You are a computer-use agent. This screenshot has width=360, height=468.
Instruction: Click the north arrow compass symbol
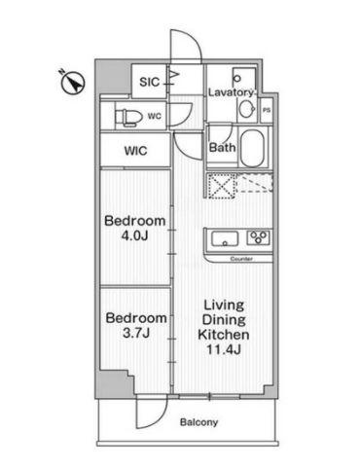[x=73, y=82]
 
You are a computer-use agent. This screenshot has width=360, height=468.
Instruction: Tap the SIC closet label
[x=150, y=82]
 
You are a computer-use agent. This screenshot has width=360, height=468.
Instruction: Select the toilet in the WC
[x=128, y=117]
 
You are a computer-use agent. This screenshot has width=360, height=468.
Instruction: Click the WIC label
[x=135, y=151]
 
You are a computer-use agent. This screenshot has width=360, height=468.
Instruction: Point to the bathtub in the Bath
[x=252, y=148]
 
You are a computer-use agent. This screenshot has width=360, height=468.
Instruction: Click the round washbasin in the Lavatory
[x=246, y=108]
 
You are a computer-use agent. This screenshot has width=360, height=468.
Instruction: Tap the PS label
[x=267, y=110]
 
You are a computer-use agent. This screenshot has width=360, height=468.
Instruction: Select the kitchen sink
[x=225, y=238]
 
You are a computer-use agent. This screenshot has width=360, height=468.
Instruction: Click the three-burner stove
[x=258, y=237]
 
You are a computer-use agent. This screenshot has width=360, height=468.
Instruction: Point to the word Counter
[x=241, y=259]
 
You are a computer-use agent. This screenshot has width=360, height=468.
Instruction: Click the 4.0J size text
[x=134, y=235]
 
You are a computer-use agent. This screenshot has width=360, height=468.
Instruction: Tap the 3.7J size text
[x=136, y=333]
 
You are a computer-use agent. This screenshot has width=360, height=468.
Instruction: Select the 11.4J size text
[x=224, y=349]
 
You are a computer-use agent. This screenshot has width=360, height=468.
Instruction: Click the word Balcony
[x=198, y=422]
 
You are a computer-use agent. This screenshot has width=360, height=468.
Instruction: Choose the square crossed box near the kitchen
[x=222, y=185]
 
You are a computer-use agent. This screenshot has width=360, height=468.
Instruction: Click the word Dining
[x=224, y=320]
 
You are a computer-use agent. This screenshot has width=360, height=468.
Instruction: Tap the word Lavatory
[x=231, y=92]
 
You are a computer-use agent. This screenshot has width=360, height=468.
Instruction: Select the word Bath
[x=223, y=148]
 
